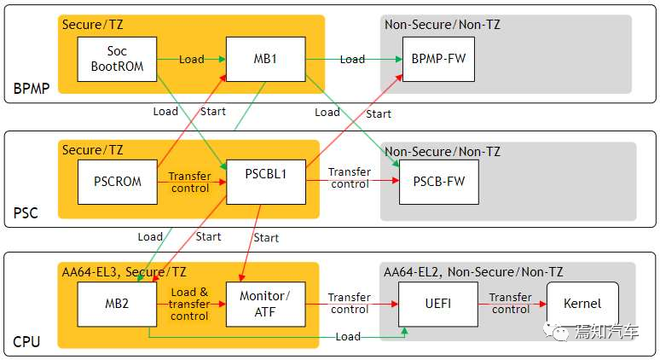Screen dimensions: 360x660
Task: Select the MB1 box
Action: [x=264, y=60]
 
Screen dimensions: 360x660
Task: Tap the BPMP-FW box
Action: [x=437, y=60]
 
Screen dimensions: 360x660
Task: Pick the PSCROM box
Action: [x=118, y=181]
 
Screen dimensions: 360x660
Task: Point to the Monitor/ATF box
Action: [x=264, y=304]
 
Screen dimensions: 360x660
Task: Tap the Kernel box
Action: [x=582, y=304]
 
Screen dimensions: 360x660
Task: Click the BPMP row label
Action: [x=31, y=89]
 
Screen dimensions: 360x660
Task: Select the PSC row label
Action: [x=26, y=212]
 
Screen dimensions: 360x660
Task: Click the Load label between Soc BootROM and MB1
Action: [x=191, y=60]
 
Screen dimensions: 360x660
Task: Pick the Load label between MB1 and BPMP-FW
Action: [x=352, y=60]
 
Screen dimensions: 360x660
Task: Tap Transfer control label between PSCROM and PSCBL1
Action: [x=189, y=182]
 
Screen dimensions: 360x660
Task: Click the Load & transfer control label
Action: [x=189, y=304]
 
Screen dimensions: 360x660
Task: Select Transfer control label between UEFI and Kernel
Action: [x=511, y=304]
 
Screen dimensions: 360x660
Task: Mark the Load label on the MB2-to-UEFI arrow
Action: [x=347, y=337]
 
